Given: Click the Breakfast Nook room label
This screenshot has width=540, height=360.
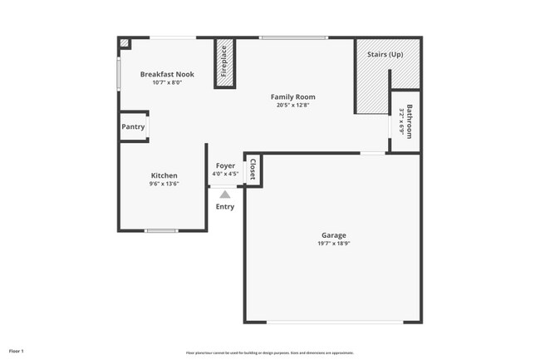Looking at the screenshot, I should [x=167, y=74].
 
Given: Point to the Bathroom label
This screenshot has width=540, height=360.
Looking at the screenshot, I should [x=409, y=121].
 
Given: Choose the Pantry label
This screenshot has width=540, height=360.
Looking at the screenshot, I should [x=133, y=127].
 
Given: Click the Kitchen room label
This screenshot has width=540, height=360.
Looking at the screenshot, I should [x=164, y=175].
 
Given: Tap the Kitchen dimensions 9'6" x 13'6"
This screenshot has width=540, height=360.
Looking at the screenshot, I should [x=164, y=184].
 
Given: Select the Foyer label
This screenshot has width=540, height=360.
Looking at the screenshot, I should [x=225, y=165].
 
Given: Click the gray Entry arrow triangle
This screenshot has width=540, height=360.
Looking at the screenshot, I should [x=225, y=194].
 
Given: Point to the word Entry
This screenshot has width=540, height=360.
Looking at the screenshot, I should [x=225, y=206].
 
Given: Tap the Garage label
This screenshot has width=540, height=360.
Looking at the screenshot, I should [x=334, y=235].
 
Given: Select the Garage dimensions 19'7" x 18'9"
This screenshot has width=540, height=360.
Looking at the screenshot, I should [x=334, y=244].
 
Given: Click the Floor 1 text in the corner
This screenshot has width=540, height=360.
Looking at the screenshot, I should [x=17, y=351].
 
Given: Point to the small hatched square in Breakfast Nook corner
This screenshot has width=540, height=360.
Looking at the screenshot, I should [x=124, y=43].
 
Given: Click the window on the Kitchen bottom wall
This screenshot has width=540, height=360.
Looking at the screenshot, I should [x=161, y=230].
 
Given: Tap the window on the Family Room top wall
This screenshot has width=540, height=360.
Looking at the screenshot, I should [x=292, y=37].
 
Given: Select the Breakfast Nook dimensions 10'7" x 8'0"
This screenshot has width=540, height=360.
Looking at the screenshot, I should [x=167, y=82].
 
